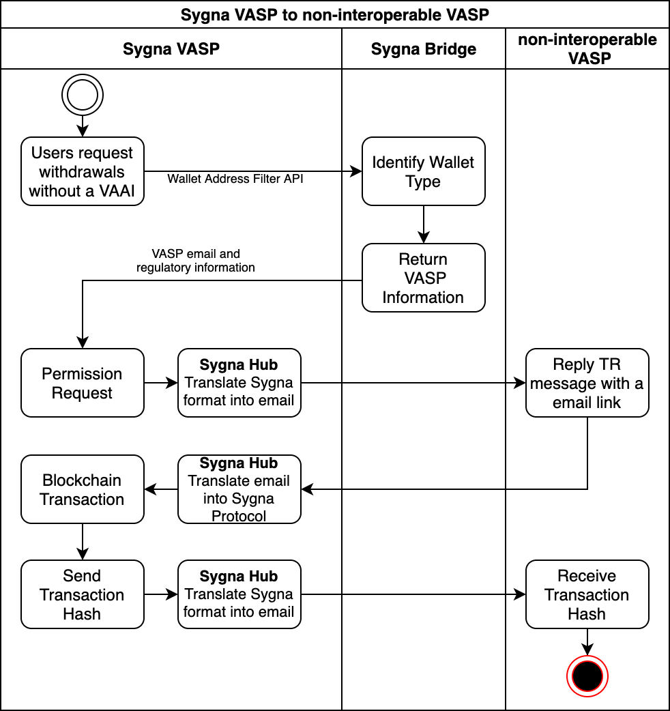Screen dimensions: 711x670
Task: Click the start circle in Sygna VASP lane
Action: [83, 95]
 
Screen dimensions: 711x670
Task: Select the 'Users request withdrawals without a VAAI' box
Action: [83, 171]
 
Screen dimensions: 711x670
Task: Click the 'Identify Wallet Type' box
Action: [423, 171]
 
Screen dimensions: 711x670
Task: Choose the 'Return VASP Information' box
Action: [423, 278]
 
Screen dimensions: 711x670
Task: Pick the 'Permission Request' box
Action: [83, 383]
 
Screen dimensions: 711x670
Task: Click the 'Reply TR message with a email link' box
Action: [587, 383]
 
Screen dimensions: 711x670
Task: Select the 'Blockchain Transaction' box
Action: [83, 489]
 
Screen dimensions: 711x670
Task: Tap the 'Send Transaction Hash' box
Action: [83, 594]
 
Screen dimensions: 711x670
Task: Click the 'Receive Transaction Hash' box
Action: [587, 594]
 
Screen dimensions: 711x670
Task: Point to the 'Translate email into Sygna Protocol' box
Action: [239, 489]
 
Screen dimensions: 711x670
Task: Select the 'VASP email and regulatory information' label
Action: [196, 261]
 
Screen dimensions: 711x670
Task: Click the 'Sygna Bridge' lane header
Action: [423, 48]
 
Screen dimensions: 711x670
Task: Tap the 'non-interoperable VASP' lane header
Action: [587, 48]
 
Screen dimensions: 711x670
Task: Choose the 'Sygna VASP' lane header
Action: [171, 48]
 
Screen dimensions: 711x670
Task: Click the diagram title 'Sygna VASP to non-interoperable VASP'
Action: [334, 14]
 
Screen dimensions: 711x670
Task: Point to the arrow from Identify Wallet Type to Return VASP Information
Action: [423, 224]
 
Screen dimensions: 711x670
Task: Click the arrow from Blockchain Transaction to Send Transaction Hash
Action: [83, 542]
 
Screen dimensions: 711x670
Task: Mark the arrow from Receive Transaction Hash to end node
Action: [587, 642]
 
